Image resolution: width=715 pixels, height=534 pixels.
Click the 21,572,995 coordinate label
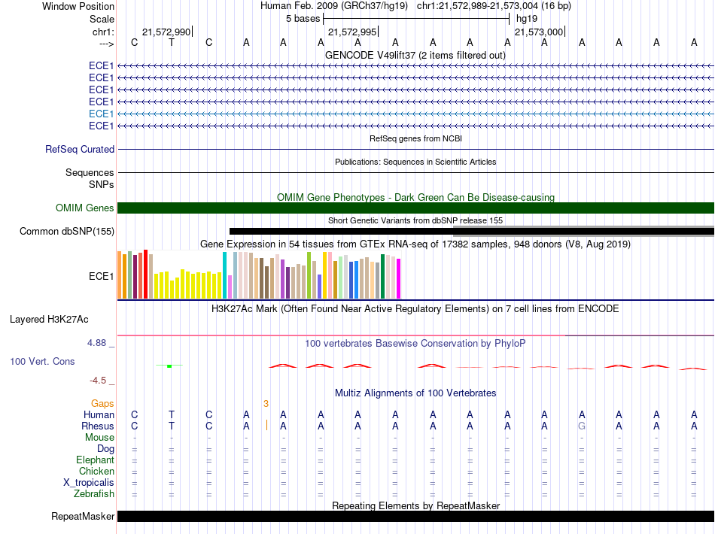pos(352,32)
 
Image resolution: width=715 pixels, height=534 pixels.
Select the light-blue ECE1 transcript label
pos(102,114)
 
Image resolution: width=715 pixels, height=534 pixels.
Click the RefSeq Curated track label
pos(80,150)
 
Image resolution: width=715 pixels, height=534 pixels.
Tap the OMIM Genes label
pos(85,208)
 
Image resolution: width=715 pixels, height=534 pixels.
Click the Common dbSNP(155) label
pos(67,232)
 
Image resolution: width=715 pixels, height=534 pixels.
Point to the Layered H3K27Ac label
pos(49,320)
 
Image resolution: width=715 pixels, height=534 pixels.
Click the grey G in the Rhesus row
pos(581,426)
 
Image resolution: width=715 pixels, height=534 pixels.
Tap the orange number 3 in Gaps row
pos(266,404)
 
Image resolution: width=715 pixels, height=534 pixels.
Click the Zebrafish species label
pos(94,494)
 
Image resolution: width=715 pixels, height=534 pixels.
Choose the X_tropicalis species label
pos(89,483)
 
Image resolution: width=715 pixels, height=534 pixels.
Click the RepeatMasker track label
pos(83,516)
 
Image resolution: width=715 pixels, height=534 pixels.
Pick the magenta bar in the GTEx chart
pos(399,278)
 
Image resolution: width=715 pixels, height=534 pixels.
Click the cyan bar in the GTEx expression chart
pos(224,275)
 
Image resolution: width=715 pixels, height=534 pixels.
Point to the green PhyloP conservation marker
pos(169,366)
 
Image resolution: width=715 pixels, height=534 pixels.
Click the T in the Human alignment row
pos(172,414)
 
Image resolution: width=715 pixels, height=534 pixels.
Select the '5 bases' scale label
pos(303,19)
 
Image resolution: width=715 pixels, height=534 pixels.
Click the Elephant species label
pos(96,460)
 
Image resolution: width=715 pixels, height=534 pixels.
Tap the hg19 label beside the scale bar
pos(527,19)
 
